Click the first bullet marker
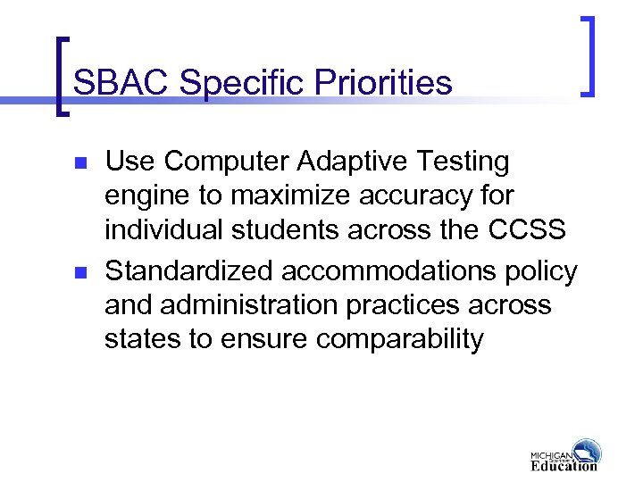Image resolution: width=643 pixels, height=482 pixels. click(79, 165)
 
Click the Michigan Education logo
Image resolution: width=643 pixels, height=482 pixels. click(564, 454)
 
